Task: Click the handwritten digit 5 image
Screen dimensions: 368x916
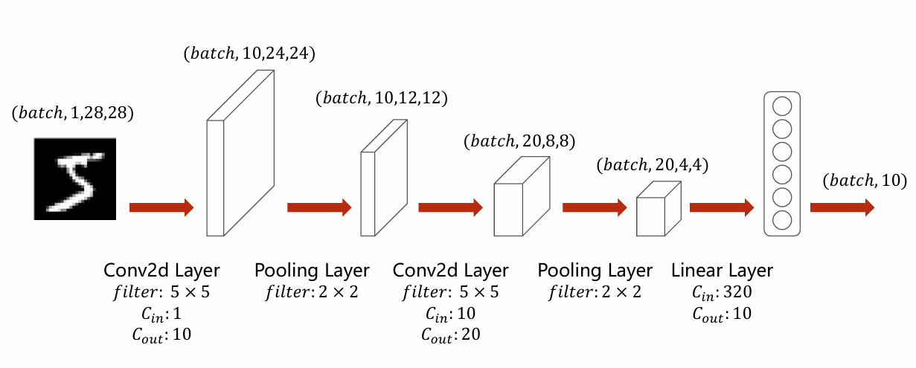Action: point(75,178)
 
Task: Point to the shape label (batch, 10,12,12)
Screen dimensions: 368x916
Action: point(382,98)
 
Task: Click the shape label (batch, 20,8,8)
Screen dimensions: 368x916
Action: point(519,141)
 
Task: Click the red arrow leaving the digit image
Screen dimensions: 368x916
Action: point(161,207)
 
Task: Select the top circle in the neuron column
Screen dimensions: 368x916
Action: point(782,105)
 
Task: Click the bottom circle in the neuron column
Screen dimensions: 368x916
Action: point(782,220)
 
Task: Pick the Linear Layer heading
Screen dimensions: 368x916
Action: point(722,270)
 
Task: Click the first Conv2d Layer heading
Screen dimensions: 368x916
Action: point(161,270)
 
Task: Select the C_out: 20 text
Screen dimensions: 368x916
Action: point(449,335)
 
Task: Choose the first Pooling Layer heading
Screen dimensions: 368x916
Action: point(312,270)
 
